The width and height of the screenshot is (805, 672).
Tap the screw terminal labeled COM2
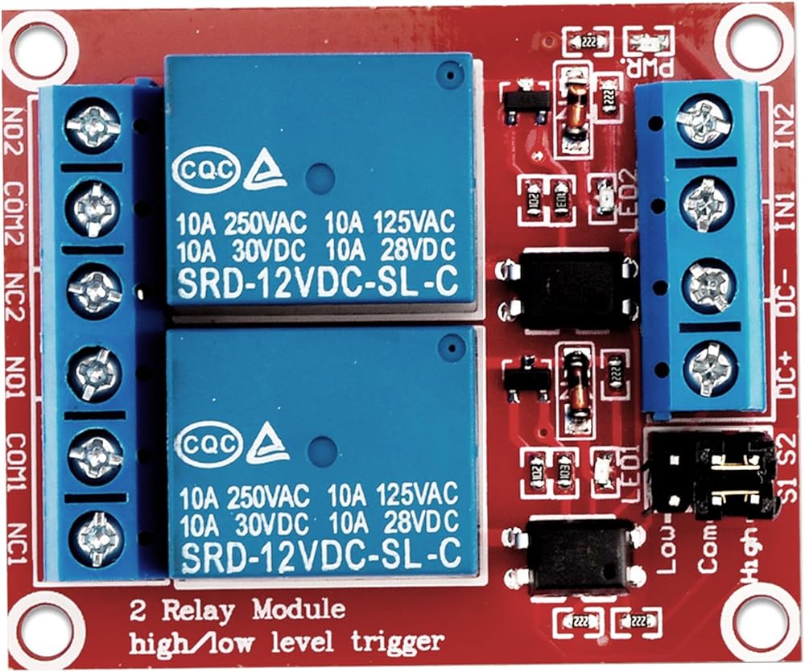click(x=93, y=206)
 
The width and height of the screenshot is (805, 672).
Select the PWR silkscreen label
click(x=652, y=69)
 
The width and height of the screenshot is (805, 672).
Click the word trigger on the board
click(x=398, y=641)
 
